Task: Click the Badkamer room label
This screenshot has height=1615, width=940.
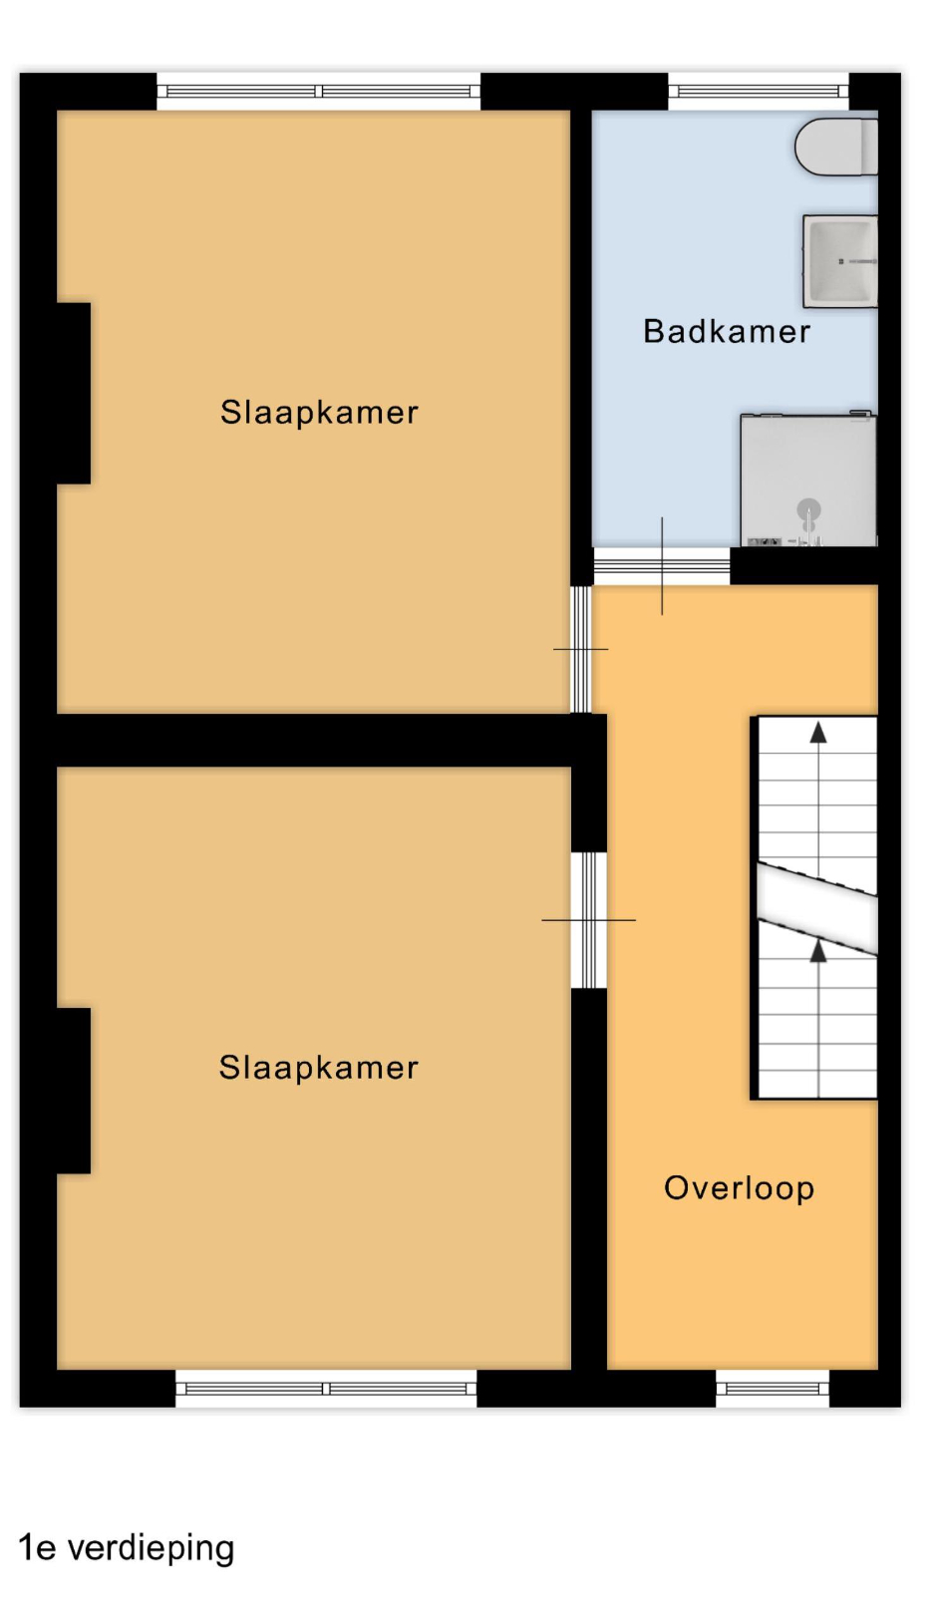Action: coord(727,332)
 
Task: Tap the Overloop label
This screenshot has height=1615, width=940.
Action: coord(739,1189)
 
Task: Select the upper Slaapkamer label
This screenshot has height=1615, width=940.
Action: coord(319,413)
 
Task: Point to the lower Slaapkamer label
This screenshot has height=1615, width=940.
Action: coord(319,1067)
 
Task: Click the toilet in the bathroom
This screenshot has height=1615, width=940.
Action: coord(836,147)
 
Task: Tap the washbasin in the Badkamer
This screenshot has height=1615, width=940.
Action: coord(839,260)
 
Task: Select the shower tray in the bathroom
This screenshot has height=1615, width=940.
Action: coord(808,480)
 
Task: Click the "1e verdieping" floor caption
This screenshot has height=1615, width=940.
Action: coord(127,1548)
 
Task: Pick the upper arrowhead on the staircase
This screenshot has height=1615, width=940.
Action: coord(818,733)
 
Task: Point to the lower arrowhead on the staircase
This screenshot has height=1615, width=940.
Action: coord(818,951)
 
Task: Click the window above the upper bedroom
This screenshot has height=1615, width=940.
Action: coord(319,92)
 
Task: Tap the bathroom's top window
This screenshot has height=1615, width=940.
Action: coord(759,92)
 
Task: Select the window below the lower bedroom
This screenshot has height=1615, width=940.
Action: coord(326,1388)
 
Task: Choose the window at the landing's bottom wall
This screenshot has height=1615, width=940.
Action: coord(773,1388)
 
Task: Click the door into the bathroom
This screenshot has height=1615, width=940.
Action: coord(661,566)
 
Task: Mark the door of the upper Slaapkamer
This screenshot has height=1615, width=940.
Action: coord(581,649)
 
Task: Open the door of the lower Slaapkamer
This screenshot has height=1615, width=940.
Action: coord(589,920)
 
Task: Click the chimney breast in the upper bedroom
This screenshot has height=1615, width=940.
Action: coord(74,393)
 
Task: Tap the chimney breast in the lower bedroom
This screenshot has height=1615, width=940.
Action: coord(74,1091)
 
